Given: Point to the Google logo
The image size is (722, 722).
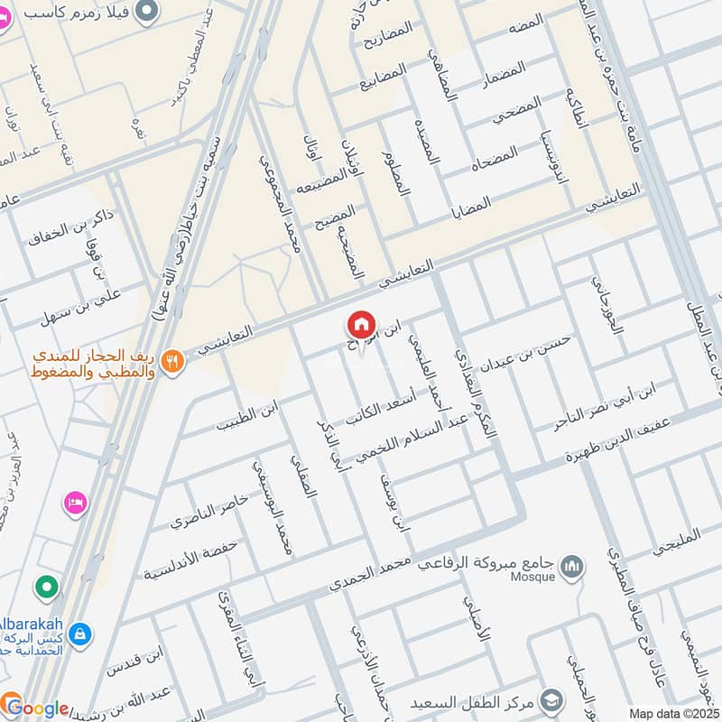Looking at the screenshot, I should [x=36, y=708].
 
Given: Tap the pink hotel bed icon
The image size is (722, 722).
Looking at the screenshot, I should [x=75, y=502].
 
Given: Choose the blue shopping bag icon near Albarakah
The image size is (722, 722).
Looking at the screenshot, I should [x=80, y=634].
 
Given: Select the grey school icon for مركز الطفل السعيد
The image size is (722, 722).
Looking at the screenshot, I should [x=551, y=700].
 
